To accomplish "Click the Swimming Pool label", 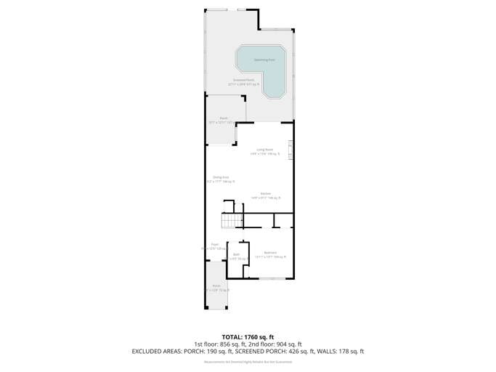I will [264, 60].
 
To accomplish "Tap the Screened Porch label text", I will [243, 81].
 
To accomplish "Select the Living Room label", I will [264, 150].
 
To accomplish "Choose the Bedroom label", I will [270, 254].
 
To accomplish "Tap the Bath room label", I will [236, 256].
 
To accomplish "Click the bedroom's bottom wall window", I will [272, 279].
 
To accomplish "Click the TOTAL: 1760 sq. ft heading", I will [248, 336].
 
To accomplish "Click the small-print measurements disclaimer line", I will [248, 361].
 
